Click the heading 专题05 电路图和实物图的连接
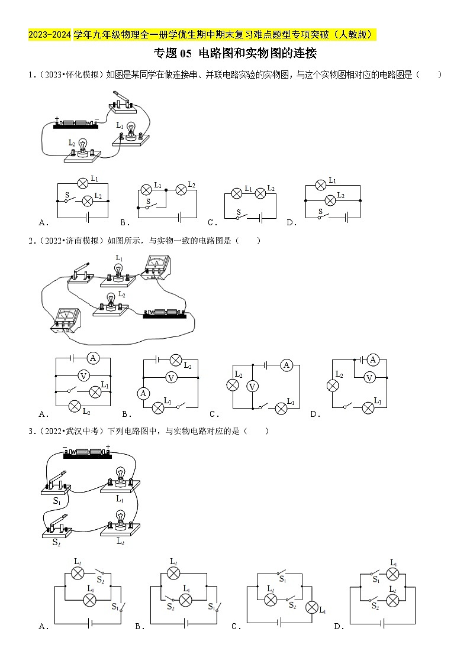coord(235,54)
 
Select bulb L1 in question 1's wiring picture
coord(132,132)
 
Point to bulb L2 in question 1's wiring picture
coord(83,148)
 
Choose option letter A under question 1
coord(43,223)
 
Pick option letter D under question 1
coord(291,223)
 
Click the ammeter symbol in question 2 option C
coord(287,365)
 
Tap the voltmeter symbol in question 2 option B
coord(171,377)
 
